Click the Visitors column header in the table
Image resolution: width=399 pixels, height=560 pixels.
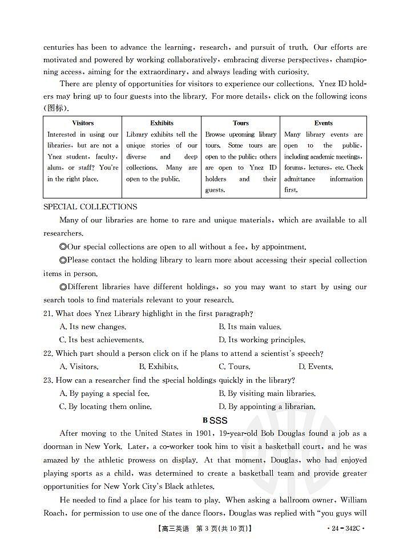pyautogui.click(x=83, y=123)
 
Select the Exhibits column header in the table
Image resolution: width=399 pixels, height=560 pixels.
pyautogui.click(x=162, y=123)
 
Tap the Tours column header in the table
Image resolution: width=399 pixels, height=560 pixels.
pyautogui.click(x=241, y=123)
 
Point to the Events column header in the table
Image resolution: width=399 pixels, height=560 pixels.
pyautogui.click(x=324, y=123)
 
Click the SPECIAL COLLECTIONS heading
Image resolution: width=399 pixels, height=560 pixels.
pyautogui.click(x=90, y=206)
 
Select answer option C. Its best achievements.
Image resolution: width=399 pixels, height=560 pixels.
pyautogui.click(x=102, y=340)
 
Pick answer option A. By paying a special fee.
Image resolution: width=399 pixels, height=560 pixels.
pyautogui.click(x=104, y=393)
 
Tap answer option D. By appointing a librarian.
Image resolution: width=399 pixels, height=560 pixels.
pyautogui.click(x=267, y=407)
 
